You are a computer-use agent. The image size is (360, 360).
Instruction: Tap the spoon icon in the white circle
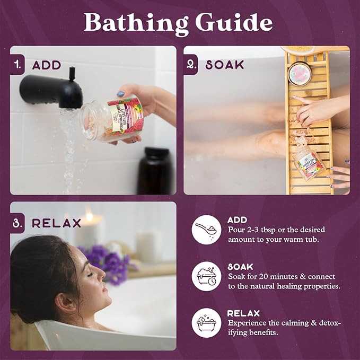206,229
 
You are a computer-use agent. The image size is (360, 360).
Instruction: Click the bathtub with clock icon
206,276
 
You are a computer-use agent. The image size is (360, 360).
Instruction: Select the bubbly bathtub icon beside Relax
206,322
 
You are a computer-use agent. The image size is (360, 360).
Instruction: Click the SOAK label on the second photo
225,65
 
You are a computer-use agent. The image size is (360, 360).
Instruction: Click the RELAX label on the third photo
57,223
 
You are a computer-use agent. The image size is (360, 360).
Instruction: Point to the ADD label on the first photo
47,65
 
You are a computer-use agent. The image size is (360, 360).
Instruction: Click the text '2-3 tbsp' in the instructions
267,230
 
